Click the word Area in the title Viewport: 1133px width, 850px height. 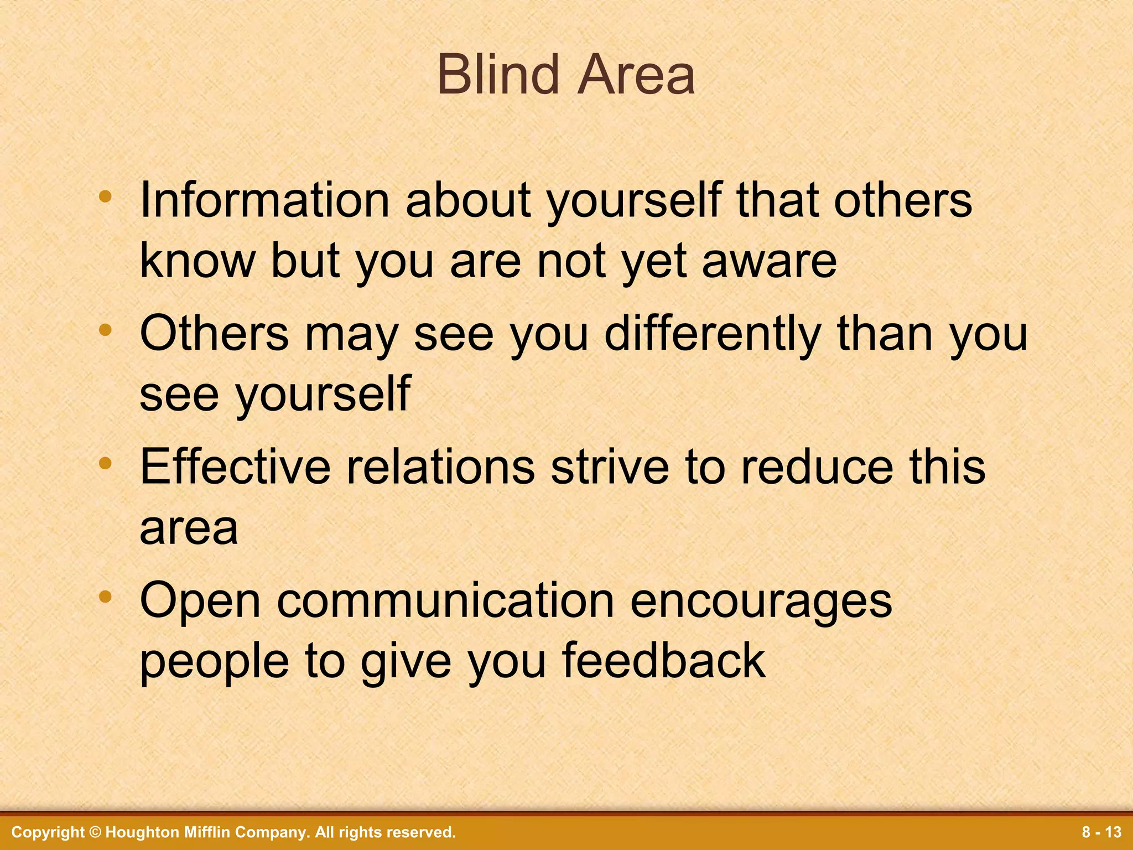(636, 75)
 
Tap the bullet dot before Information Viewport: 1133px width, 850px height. (105, 197)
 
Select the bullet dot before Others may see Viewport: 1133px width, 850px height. (105, 331)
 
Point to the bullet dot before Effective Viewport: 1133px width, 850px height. (105, 464)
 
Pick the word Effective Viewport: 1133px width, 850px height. (235, 467)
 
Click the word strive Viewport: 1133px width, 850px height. (609, 467)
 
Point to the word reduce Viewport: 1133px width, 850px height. (817, 467)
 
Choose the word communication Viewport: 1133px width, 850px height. (445, 600)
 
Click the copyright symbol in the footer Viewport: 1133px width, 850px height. (95, 832)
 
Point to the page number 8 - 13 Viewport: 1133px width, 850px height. (1101, 832)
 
